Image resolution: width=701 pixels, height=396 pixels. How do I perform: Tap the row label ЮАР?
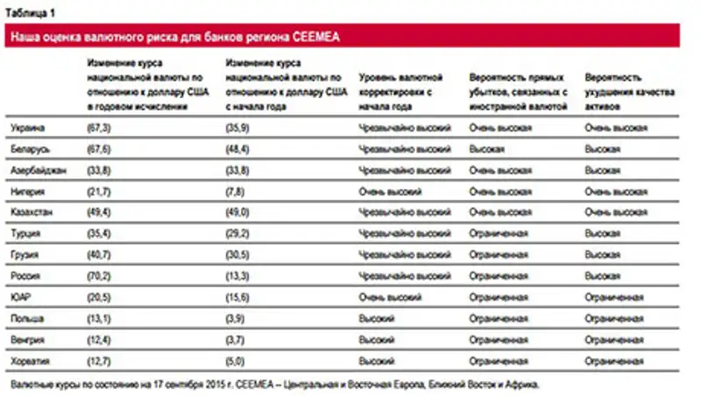pos(21,297)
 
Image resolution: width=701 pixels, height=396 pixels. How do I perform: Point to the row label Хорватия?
pos(30,360)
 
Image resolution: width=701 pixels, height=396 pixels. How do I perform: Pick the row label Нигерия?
pos(27,191)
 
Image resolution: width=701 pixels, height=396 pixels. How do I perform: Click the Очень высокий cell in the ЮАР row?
pos(390,297)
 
